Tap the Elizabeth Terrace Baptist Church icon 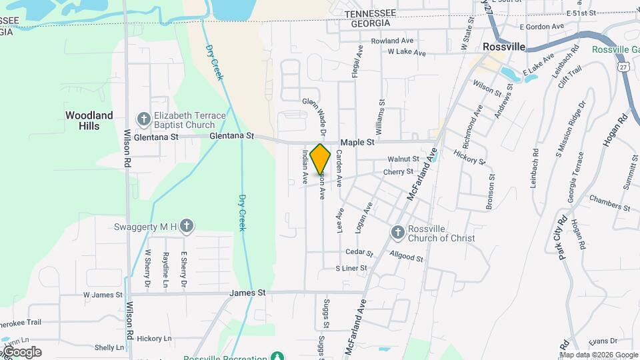click(x=143, y=119)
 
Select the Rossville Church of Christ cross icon click(x=397, y=232)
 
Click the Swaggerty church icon click(x=187, y=227)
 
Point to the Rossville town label click(x=503, y=47)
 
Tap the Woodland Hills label click(x=89, y=121)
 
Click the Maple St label click(x=358, y=143)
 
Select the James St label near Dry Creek click(x=247, y=293)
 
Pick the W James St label click(x=103, y=295)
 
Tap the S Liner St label click(x=351, y=268)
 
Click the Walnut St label click(x=403, y=159)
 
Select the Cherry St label click(x=399, y=172)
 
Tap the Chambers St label click(x=609, y=203)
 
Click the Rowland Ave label click(x=393, y=41)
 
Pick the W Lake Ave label click(x=406, y=51)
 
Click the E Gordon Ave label click(x=542, y=27)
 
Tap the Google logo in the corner click(x=21, y=352)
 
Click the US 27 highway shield click(x=623, y=67)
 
